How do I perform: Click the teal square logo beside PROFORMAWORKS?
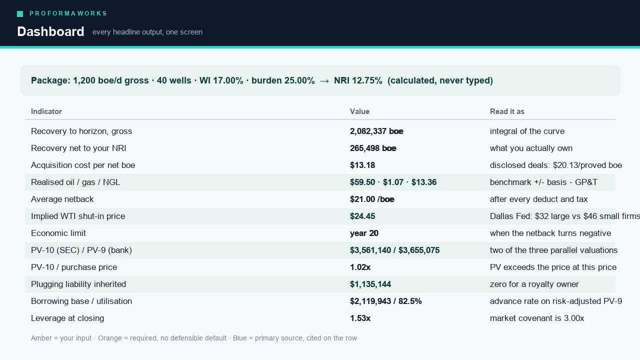coord(20,14)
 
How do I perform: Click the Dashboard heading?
coord(50,31)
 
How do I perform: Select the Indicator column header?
coord(46,111)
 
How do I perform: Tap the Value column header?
coord(359,111)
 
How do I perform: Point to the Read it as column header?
coord(507,111)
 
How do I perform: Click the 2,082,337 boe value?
coord(376,131)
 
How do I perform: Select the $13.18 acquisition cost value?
coord(362,165)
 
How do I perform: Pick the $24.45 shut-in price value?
coord(362,216)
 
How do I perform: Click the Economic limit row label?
coord(58,233)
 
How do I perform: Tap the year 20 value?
coord(364,233)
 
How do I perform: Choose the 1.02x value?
coord(360,267)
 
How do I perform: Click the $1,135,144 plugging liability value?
coord(370,284)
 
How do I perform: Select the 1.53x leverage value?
coord(360,318)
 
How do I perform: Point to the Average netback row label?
coord(62,199)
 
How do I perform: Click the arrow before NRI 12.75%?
coord(324,81)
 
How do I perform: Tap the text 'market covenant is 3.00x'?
coord(537,318)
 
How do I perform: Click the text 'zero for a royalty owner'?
coord(534,284)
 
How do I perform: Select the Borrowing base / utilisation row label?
coord(81,301)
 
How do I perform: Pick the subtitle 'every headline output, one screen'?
coord(147,32)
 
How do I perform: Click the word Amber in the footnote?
coord(41,338)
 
